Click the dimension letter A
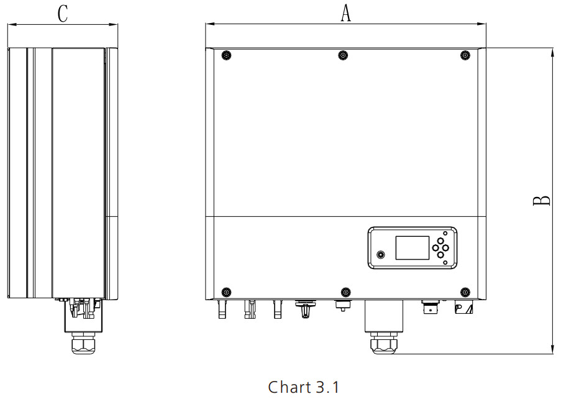pyautogui.click(x=345, y=13)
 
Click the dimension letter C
pyautogui.click(x=63, y=14)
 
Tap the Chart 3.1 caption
pyautogui.click(x=303, y=387)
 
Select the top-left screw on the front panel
pyautogui.click(x=226, y=55)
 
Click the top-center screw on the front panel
pyautogui.click(x=343, y=55)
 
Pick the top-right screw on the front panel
pyautogui.click(x=465, y=55)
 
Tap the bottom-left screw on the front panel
pyautogui.click(x=226, y=291)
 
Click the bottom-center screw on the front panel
pyautogui.click(x=345, y=291)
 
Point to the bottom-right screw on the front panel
pyautogui.click(x=465, y=291)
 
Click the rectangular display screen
pyautogui.click(x=412, y=247)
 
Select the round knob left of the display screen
pyautogui.click(x=381, y=255)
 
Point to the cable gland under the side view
pyautogui.click(x=83, y=343)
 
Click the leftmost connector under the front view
pyautogui.click(x=222, y=309)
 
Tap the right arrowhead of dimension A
pyautogui.click(x=482, y=24)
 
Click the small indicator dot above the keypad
pyautogui.click(x=445, y=233)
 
